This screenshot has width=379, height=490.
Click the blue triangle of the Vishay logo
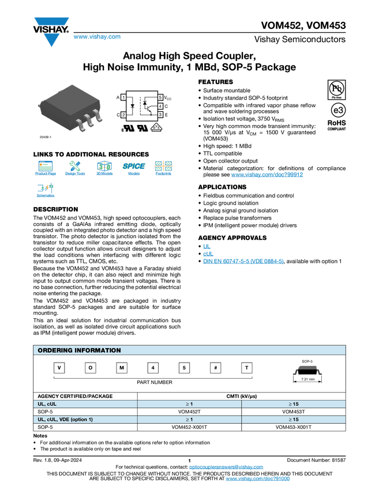tap(51, 40)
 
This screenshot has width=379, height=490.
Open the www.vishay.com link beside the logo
tap(97, 37)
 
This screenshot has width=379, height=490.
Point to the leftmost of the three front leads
tap(78, 125)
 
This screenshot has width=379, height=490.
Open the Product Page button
tap(46, 170)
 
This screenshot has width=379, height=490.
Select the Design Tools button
tap(75, 170)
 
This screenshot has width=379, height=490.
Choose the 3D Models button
tap(104, 170)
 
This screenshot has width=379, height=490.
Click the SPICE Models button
tap(134, 170)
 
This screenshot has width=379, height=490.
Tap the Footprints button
tap(163, 170)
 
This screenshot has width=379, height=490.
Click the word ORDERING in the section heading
tap(55, 350)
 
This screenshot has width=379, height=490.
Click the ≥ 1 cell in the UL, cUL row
tap(189, 404)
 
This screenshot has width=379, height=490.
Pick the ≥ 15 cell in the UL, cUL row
tap(293, 404)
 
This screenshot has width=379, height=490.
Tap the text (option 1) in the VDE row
tap(78, 420)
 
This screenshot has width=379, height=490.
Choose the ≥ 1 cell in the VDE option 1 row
tap(189, 420)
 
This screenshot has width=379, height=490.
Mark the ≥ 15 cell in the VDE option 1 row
tap(293, 420)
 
